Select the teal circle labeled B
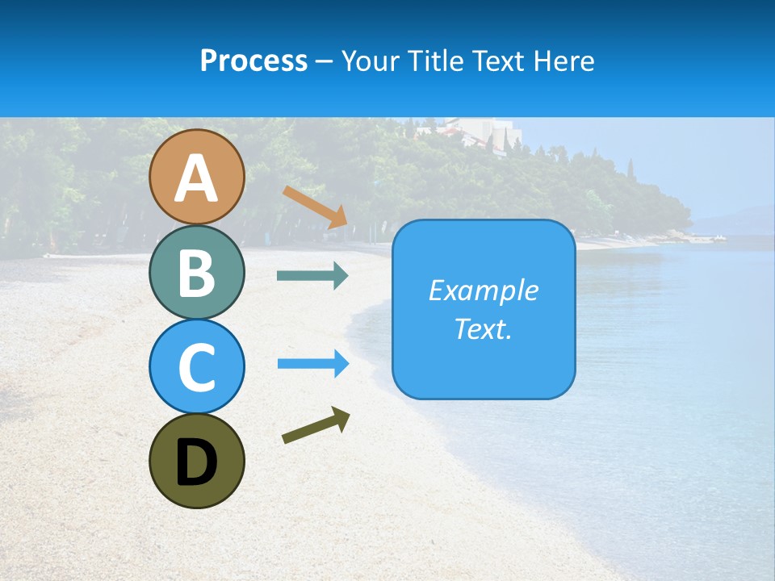pos(196,272)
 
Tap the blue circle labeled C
pos(196,366)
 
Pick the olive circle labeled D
pos(196,461)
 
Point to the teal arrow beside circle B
pos(312,276)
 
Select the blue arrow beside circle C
pos(313,364)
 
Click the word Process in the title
pos(253,61)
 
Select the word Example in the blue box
pos(483,290)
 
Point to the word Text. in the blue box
pos(483,328)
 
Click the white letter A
pos(196,179)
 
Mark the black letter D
pos(196,463)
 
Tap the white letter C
pos(196,368)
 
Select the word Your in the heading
pos(370,61)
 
